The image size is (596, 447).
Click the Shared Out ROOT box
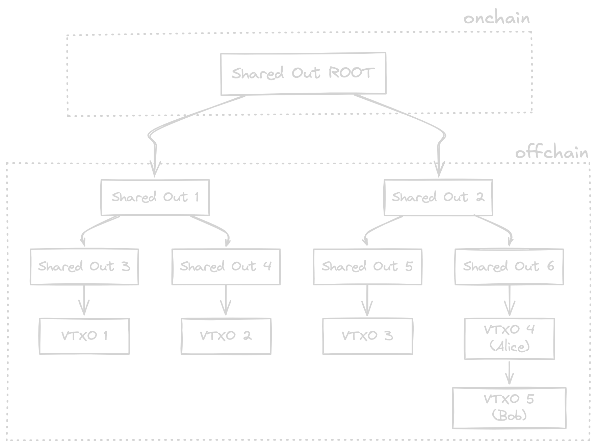303,73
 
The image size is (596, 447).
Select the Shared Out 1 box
155,197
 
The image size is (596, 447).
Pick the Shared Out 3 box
84,267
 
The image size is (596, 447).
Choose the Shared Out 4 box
226,267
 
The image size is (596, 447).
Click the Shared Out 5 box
367,267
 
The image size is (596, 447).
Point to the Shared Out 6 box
509,267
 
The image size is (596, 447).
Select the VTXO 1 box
84,336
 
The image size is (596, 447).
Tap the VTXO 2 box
226,336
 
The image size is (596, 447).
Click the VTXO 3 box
367,336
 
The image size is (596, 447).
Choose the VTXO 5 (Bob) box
509,408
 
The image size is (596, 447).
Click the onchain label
497,19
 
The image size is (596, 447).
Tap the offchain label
551,153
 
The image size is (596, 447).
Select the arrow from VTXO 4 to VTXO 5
509,373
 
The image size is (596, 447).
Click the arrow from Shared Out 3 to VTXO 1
84,300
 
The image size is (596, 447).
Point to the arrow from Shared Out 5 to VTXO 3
367,300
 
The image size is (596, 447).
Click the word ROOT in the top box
351,73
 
